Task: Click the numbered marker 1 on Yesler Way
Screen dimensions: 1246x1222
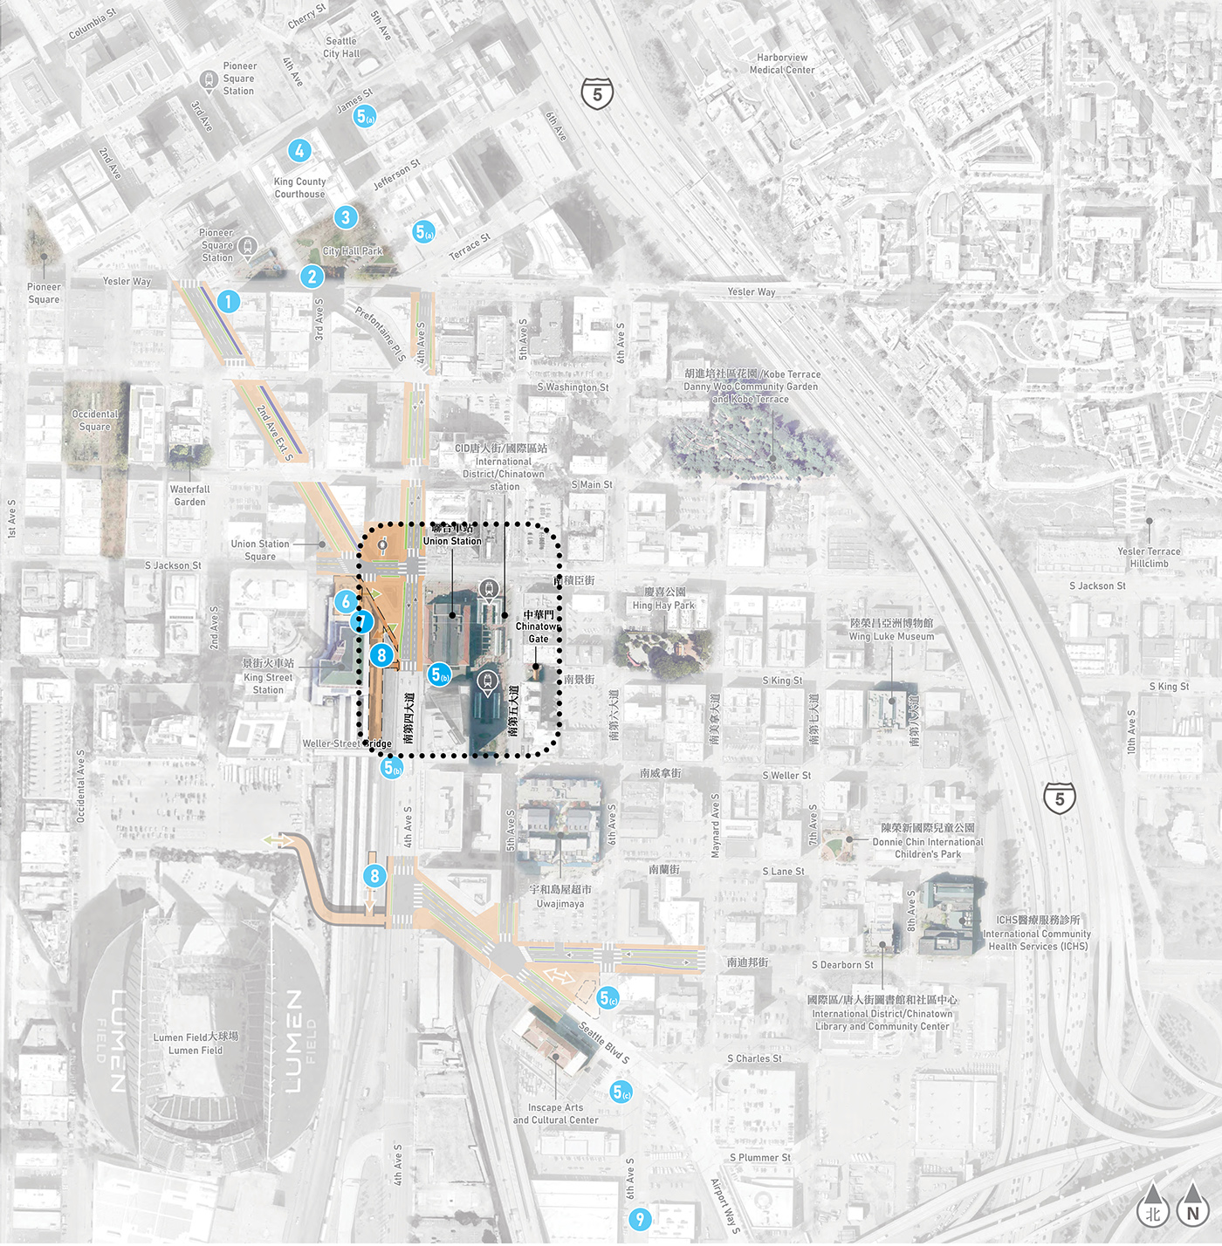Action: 228,302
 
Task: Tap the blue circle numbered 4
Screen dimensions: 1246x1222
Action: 299,151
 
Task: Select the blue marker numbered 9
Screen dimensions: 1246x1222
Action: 640,1219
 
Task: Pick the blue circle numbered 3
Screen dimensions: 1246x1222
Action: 346,217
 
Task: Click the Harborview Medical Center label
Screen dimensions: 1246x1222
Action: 782,64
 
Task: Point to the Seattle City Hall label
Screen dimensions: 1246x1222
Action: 341,47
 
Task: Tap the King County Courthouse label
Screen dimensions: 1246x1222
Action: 299,188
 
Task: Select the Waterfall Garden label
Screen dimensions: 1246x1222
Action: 189,496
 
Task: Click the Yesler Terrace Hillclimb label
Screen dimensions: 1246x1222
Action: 1149,558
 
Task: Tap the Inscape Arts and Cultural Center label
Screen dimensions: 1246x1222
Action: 556,1113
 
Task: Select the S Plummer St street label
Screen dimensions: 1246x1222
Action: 759,1158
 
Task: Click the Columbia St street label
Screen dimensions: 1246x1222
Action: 93,24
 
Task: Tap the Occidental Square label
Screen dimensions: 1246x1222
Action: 95,421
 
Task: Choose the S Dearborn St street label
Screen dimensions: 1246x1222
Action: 842,965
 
